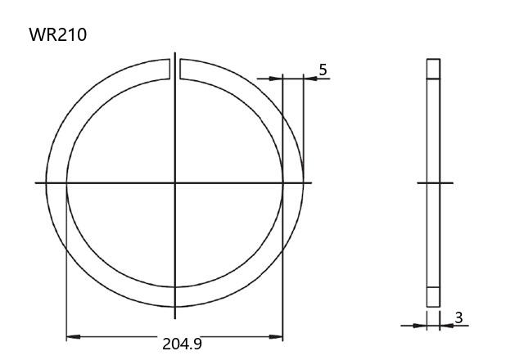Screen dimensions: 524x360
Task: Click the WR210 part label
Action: coord(58,34)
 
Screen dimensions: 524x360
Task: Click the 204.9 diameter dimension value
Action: coord(182,344)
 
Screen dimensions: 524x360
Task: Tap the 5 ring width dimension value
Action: coord(323,70)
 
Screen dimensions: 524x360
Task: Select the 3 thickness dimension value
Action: coord(458,317)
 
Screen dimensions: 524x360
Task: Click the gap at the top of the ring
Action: coord(174,69)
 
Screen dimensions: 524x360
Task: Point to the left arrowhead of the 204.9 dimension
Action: coord(73,336)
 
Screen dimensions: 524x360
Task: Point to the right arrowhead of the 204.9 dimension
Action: coord(276,336)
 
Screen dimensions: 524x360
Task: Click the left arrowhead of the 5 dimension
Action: coord(276,79)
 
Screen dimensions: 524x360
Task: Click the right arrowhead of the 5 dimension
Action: coord(310,79)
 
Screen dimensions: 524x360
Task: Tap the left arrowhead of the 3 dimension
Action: coord(420,326)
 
